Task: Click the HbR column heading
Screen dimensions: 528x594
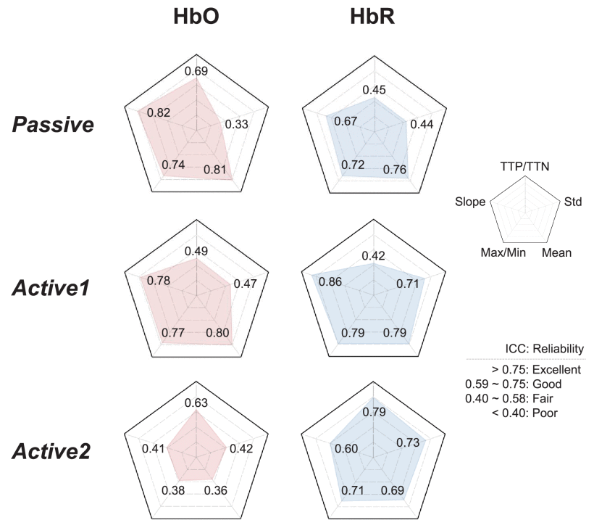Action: click(x=372, y=17)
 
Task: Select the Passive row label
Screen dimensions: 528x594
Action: click(x=53, y=125)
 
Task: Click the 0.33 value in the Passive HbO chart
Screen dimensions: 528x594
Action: click(x=236, y=124)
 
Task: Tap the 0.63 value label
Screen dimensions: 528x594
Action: click(x=196, y=403)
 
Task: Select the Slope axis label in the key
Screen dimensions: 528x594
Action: click(x=470, y=202)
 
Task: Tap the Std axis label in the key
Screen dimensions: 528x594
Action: click(x=574, y=202)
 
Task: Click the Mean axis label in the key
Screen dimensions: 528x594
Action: click(x=556, y=253)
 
